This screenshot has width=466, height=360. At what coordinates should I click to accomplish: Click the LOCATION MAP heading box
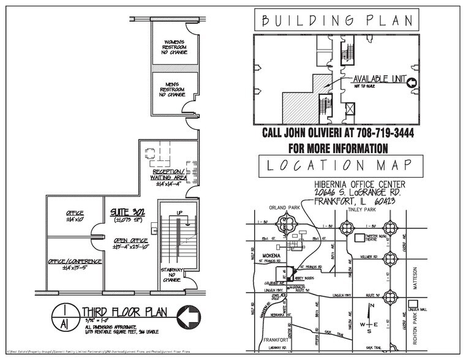point(341,165)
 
